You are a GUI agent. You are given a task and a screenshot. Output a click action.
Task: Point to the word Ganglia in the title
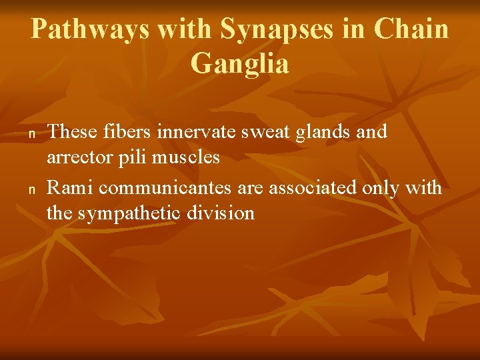(x=239, y=64)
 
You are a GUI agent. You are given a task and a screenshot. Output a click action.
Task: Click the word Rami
(x=70, y=188)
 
